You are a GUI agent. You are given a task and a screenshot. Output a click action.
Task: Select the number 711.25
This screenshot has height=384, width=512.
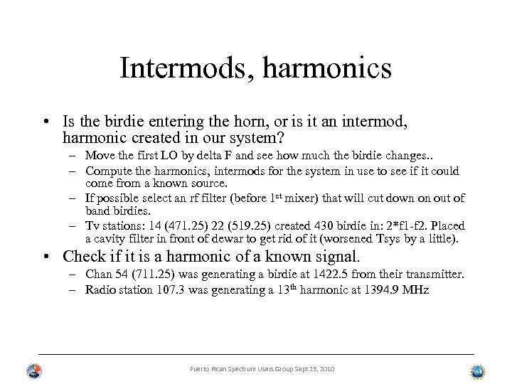[152, 273]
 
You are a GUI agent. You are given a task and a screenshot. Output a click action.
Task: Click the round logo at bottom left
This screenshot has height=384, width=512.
[33, 370]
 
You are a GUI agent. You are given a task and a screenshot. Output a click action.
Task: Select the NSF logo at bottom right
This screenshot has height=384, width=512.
[478, 370]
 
